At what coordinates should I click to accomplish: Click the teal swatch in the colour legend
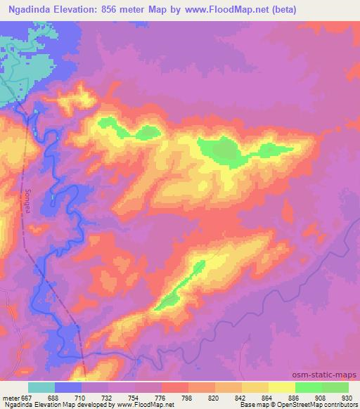pyautogui.click(x=41, y=387)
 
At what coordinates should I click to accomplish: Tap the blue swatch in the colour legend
pyautogui.click(x=68, y=387)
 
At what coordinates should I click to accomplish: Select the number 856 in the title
pyautogui.click(x=116, y=9)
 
